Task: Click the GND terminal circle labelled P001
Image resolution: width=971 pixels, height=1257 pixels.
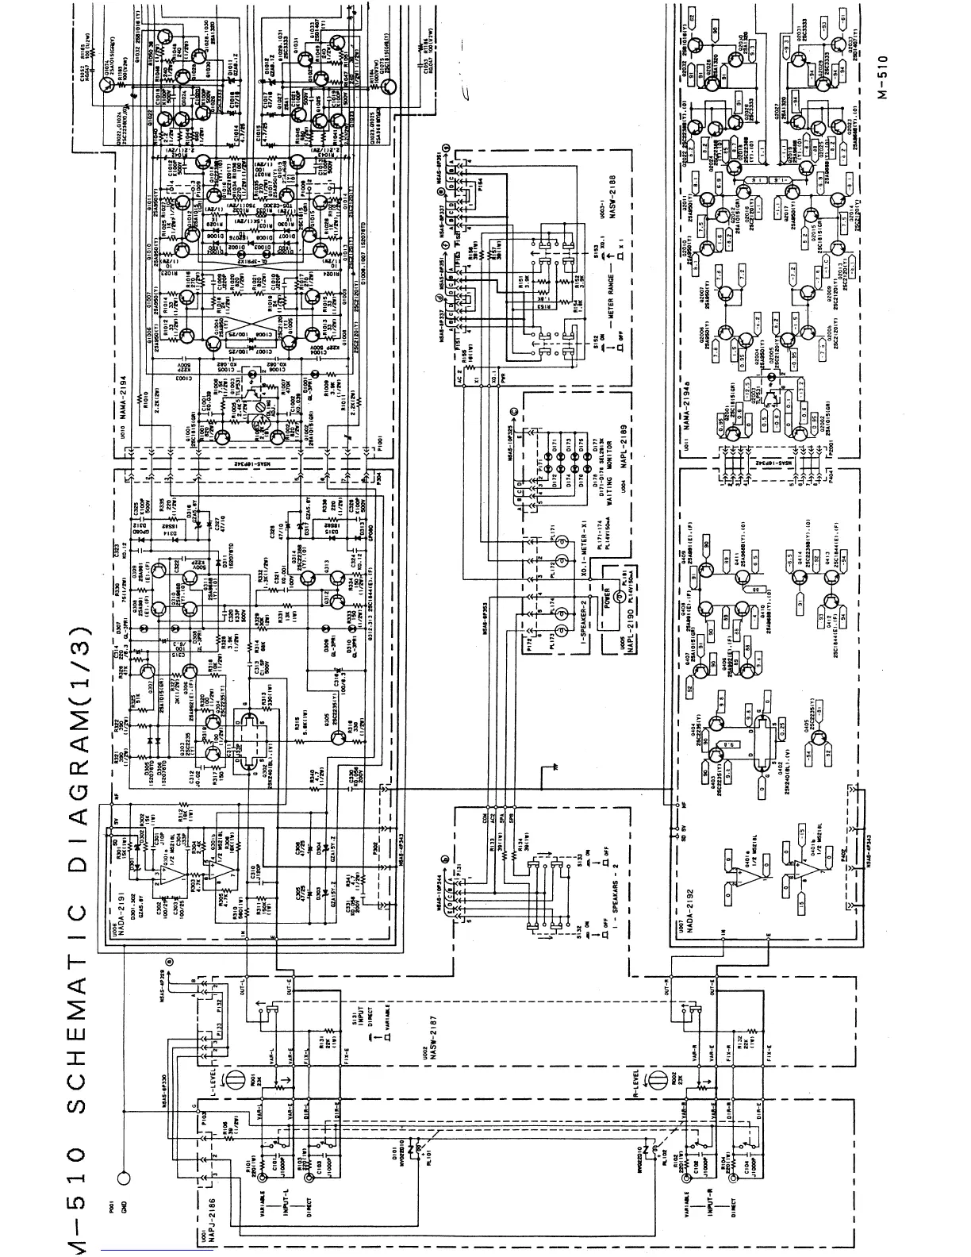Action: click(x=123, y=1176)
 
